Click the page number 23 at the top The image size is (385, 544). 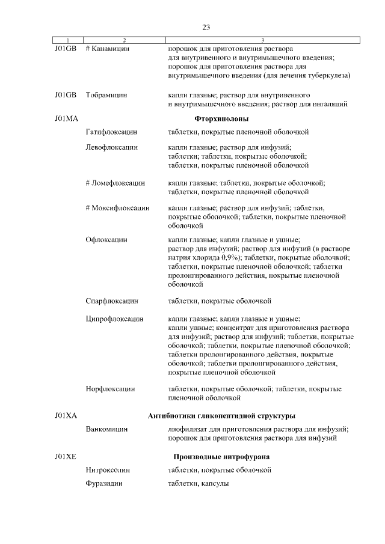click(x=206, y=27)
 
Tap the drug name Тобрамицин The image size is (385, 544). click(x=106, y=95)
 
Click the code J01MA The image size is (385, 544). click(x=66, y=118)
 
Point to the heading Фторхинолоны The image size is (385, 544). click(x=222, y=118)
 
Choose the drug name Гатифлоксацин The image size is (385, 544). click(x=112, y=130)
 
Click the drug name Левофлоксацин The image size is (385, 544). click(x=112, y=147)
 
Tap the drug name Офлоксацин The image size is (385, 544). click(x=106, y=239)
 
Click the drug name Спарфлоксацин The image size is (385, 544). click(x=112, y=301)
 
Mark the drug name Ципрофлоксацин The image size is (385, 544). click(x=114, y=319)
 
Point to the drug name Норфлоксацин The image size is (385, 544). click(x=110, y=389)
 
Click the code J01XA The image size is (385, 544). click(x=66, y=416)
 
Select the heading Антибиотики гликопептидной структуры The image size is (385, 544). click(x=221, y=416)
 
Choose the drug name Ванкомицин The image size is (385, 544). click(x=106, y=429)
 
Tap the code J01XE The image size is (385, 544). click(x=66, y=457)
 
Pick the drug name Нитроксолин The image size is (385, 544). click(x=108, y=470)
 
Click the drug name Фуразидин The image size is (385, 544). click(x=104, y=484)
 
